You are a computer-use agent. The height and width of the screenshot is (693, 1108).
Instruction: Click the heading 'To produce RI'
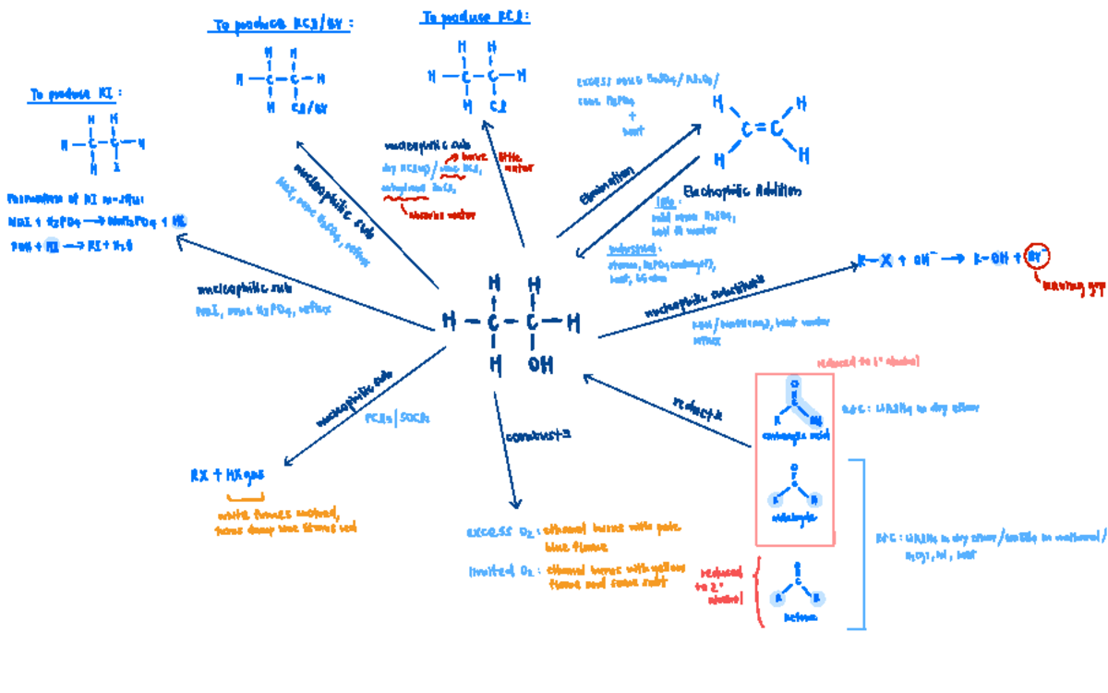click(76, 94)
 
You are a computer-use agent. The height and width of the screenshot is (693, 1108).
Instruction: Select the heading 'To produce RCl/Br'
click(282, 26)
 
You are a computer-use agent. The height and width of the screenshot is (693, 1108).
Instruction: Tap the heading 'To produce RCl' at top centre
click(475, 17)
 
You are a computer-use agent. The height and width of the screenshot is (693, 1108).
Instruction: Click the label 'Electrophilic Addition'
click(742, 191)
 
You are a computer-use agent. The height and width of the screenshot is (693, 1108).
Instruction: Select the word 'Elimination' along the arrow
click(607, 186)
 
